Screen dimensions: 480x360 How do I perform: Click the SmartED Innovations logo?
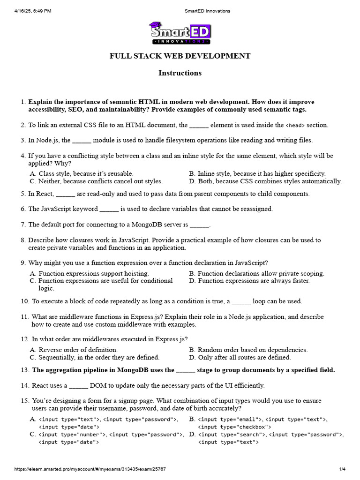[180, 33]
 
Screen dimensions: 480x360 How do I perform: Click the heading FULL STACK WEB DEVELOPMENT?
[180, 56]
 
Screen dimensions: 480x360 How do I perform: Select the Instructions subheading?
[180, 73]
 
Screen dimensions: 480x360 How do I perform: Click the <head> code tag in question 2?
[295, 126]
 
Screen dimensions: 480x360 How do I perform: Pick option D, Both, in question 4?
[265, 181]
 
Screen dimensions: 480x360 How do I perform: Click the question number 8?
[23, 240]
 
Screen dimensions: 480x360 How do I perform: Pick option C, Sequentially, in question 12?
[94, 358]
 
